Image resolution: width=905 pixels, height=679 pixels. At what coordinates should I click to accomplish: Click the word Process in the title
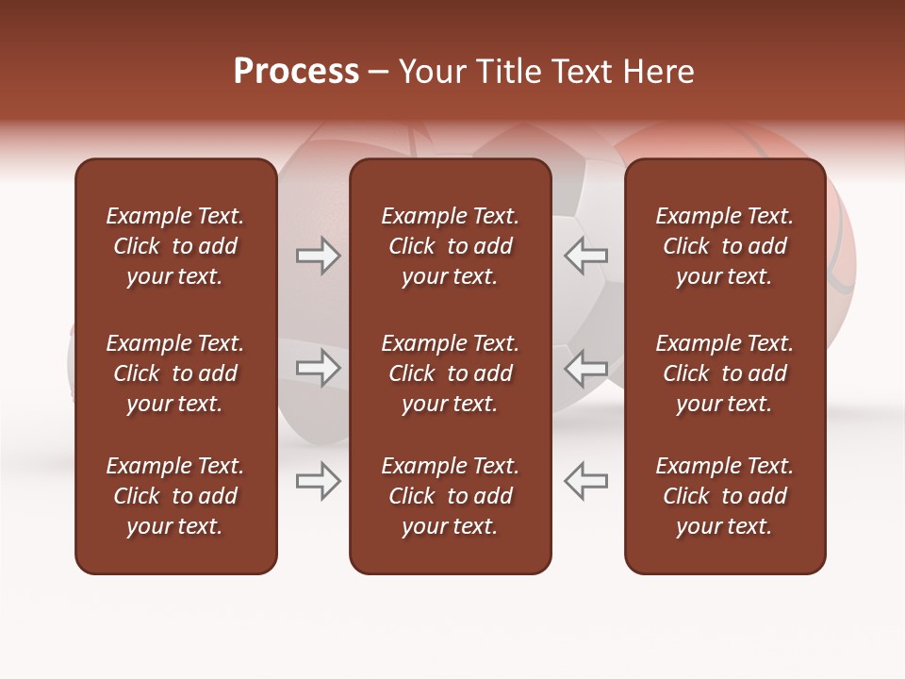296,72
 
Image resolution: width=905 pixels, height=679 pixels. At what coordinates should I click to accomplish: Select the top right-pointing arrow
319,256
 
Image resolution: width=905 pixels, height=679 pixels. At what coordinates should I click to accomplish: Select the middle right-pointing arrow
319,368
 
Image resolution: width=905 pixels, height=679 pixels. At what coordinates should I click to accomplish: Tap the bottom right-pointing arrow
319,481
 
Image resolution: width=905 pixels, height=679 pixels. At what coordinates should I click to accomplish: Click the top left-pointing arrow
585,256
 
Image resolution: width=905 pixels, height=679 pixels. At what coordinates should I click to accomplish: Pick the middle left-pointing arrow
585,368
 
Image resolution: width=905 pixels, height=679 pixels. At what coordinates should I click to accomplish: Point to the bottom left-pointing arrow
585,481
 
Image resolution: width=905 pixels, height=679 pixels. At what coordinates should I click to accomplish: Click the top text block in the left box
175,246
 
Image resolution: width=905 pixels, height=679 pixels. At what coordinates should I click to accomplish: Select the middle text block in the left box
175,373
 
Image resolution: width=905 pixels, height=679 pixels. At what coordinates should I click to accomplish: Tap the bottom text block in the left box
175,496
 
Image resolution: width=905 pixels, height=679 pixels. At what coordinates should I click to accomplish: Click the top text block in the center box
450,246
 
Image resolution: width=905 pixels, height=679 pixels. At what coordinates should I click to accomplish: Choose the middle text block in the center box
450,373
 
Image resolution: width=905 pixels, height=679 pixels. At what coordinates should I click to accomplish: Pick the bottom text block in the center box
450,496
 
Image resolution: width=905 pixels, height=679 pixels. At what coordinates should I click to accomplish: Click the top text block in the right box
724,246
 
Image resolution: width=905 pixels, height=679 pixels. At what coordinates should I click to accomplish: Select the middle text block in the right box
724,373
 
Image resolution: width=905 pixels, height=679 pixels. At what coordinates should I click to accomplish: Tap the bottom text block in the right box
724,496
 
